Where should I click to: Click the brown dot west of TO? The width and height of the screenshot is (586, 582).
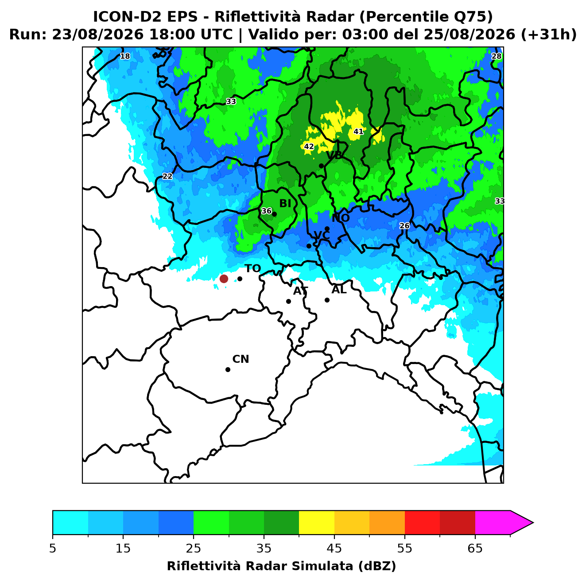tap(224, 278)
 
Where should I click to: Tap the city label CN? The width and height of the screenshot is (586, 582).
tap(241, 359)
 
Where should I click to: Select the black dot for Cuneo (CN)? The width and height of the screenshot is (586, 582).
tap(228, 369)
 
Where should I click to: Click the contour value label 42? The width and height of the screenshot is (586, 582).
tap(309, 146)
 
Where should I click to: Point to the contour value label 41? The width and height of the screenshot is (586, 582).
tap(358, 132)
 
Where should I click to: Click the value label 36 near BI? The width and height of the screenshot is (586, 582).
tap(266, 211)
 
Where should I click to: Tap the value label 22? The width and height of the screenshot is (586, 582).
tap(167, 176)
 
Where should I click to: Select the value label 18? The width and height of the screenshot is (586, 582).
tap(125, 56)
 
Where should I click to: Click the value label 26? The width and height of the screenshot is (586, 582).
tap(404, 225)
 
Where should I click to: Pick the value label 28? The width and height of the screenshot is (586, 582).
tap(496, 56)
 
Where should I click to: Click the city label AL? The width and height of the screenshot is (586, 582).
tap(339, 289)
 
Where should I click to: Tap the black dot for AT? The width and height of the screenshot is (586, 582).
tap(288, 301)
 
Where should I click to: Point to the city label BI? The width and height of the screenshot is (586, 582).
tap(285, 203)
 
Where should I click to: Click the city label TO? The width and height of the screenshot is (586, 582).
tap(253, 268)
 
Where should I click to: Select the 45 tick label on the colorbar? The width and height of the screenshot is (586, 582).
tap(334, 548)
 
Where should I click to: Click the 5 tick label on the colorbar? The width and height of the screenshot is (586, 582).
tap(53, 548)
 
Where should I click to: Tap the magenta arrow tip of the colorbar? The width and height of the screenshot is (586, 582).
tap(533, 523)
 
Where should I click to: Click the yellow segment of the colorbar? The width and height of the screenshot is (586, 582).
tap(316, 523)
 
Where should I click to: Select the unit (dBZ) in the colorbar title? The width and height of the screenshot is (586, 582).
tap(377, 566)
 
